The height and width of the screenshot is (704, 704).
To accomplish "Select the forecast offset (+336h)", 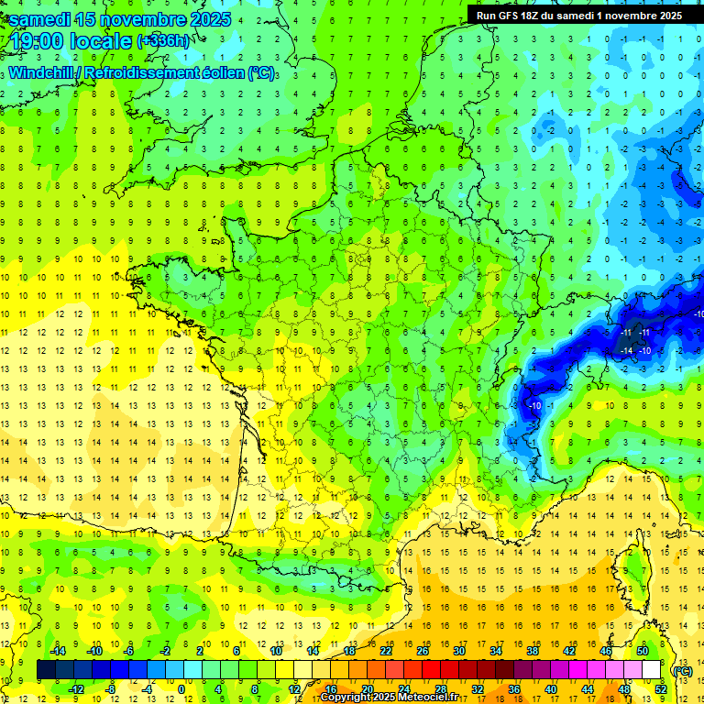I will click(x=163, y=41).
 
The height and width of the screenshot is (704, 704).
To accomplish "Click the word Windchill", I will click(x=38, y=72).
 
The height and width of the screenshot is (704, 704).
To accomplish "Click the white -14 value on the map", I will click(x=627, y=351).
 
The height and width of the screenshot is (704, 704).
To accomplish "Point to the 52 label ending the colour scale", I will click(x=660, y=689).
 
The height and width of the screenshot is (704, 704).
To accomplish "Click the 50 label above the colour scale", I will click(x=643, y=651).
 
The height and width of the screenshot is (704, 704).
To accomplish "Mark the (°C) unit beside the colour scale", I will click(x=681, y=670).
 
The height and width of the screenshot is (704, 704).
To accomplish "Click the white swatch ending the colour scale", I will click(x=651, y=670).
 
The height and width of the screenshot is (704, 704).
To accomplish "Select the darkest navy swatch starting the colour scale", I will click(x=46, y=670).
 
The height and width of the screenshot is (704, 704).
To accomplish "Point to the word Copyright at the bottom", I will click(x=347, y=698).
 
